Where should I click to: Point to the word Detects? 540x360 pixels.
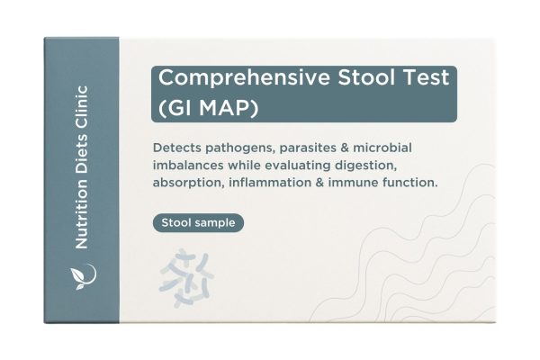180,148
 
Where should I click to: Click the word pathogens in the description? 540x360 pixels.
247,148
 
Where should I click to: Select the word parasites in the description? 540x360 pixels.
326,148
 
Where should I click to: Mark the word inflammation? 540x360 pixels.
283,184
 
